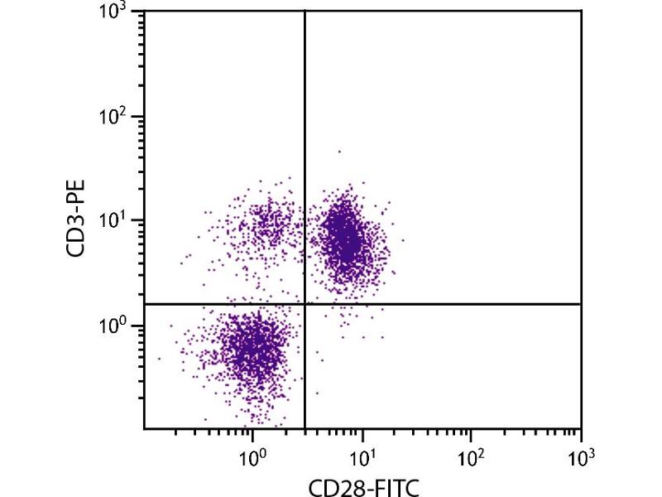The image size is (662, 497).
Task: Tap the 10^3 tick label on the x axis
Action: click(x=581, y=455)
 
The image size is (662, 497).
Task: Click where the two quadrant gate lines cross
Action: click(x=305, y=304)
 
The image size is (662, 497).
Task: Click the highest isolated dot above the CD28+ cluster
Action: click(x=338, y=152)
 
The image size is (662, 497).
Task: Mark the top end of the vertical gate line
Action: click(x=305, y=11)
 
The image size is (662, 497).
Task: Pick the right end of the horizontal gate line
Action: click(x=581, y=304)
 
